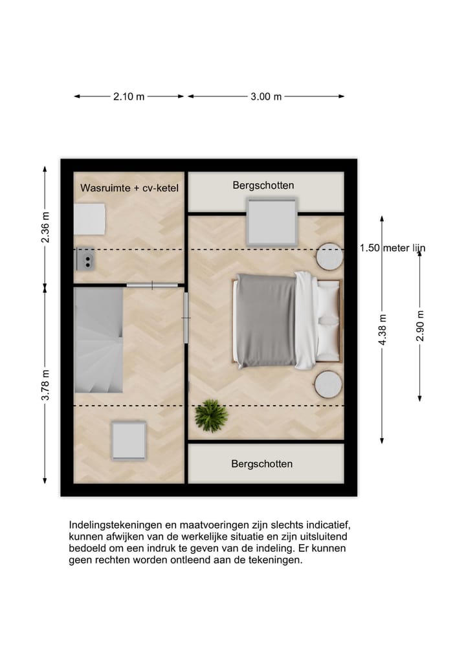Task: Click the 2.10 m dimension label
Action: pos(129,96)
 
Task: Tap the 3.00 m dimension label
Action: pos(266,96)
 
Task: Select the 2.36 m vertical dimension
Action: pos(45,227)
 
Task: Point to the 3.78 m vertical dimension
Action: pos(45,384)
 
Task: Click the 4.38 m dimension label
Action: pos(383,329)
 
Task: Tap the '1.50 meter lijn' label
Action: pos(394,248)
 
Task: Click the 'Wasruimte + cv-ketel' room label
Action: pos(129,188)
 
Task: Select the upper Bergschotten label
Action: pos(263,186)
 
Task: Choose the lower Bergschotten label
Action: pos(261,464)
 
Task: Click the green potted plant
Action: pos(211,415)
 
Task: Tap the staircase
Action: pos(98,340)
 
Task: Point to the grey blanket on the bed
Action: pos(265,320)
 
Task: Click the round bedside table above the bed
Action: pos(329,257)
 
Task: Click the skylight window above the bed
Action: pos(272,221)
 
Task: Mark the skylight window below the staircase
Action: pos(129,440)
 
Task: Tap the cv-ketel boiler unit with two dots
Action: pos(85,258)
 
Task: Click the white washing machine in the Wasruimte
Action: pos(89,219)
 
